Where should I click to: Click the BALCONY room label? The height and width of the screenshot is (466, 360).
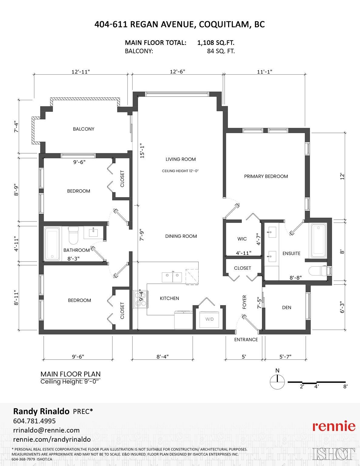click(84, 129)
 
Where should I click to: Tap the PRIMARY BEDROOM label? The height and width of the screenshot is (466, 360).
click(266, 176)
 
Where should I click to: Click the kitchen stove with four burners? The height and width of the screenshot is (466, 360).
click(140, 299)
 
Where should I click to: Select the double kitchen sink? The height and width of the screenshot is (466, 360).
click(172, 277)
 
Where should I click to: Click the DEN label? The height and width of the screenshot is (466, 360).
click(287, 308)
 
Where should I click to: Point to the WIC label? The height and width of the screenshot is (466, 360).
click(242, 239)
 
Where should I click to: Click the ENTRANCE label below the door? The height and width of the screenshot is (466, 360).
click(246, 339)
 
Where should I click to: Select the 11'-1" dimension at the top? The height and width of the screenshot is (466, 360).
click(265, 72)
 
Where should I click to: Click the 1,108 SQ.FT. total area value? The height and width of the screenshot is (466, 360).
click(216, 43)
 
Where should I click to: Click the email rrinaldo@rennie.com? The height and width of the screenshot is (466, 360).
click(46, 430)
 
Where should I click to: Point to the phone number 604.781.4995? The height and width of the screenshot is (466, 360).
click(34, 421)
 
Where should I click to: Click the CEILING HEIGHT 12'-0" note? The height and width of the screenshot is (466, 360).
click(180, 171)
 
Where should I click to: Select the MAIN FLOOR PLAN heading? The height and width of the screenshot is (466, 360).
click(70, 374)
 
